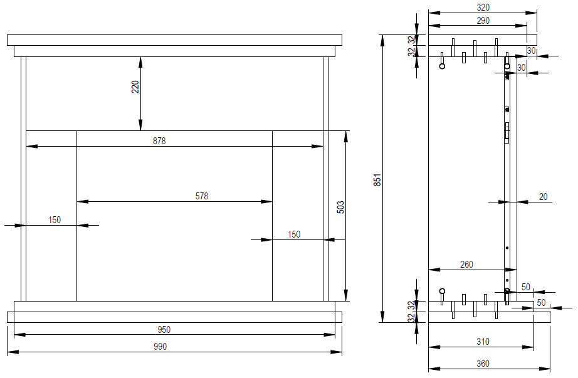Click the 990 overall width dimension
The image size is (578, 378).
160,346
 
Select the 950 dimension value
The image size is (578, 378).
164,329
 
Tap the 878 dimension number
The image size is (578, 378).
159,141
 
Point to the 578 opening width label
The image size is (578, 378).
202,196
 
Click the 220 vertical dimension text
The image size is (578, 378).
135,87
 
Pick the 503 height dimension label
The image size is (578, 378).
340,207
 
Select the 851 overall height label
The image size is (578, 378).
377,179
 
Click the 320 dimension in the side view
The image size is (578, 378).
483,8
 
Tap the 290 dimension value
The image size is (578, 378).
483,21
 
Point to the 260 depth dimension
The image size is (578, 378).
466,265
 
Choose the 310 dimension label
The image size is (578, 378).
483,342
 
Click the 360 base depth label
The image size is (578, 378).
483,364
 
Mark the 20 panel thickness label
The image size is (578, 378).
543,197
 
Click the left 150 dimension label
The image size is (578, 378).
54,220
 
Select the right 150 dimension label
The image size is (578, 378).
294,234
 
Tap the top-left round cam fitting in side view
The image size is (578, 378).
442,66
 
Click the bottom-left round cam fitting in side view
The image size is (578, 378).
442,291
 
